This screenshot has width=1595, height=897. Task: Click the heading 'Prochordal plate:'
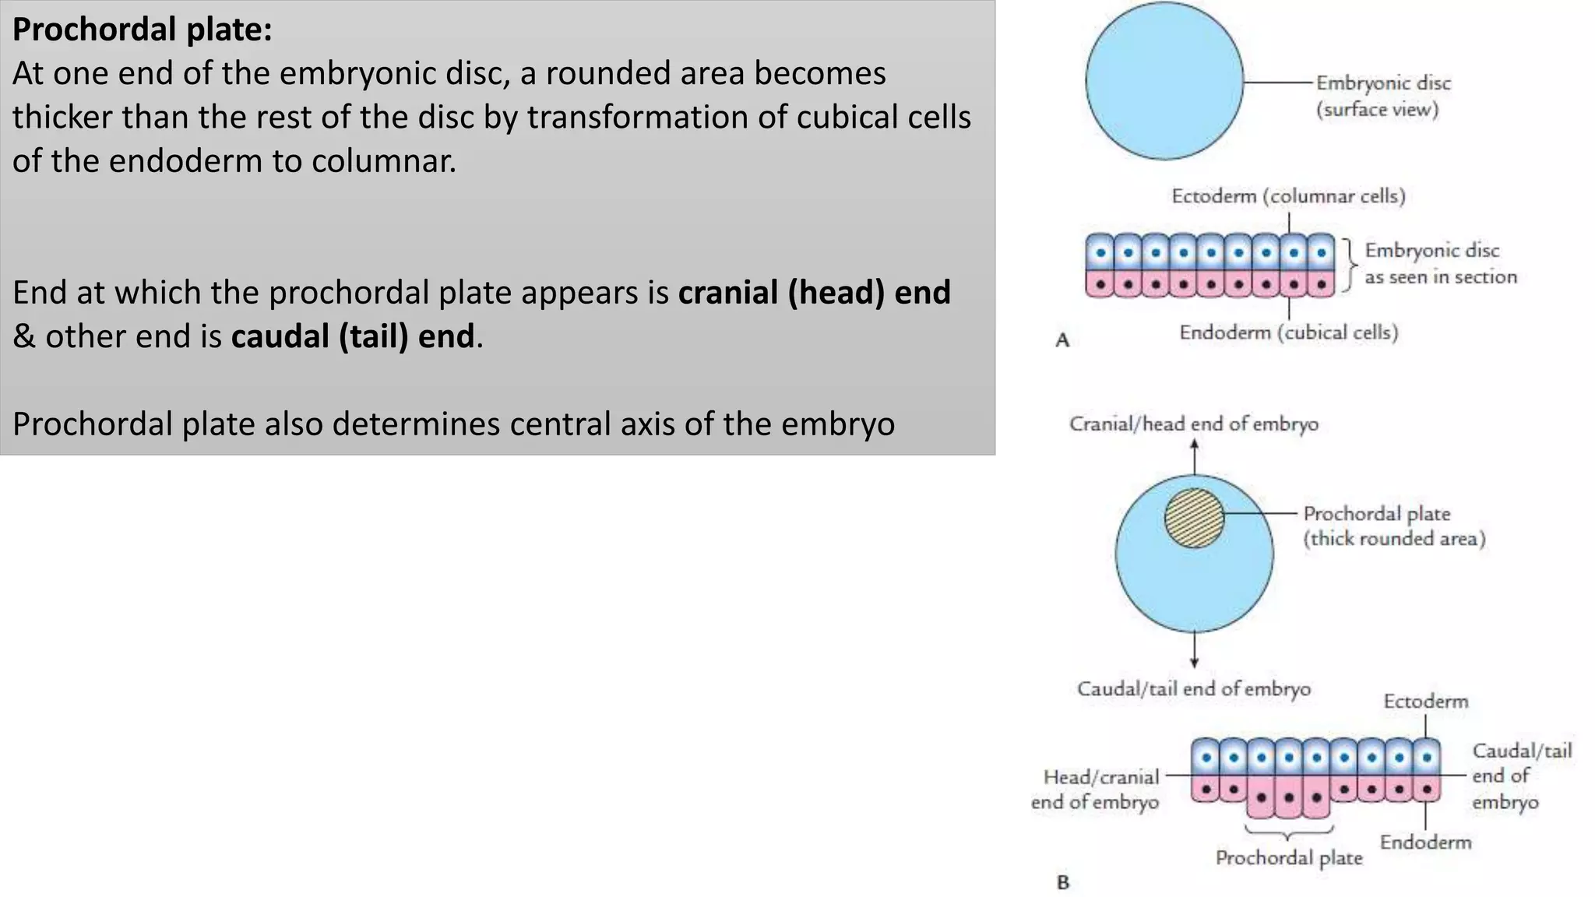point(143,30)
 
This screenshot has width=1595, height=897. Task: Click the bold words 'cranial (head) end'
point(814,294)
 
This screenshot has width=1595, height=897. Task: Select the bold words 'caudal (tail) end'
point(353,337)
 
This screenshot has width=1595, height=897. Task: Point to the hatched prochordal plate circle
point(1193,518)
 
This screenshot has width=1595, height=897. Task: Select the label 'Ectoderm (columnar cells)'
point(1288,196)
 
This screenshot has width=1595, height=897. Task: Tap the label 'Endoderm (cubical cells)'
point(1288,333)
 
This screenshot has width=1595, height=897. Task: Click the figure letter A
point(1062,340)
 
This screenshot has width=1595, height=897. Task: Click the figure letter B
point(1063,882)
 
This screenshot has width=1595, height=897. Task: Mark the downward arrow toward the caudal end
point(1194,650)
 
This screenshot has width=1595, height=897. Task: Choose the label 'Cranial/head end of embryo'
point(1193,424)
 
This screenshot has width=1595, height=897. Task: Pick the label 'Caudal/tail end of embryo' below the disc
point(1193,689)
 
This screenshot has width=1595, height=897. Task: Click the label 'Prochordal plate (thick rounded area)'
point(1393,526)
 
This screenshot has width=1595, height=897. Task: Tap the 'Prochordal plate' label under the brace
point(1288,858)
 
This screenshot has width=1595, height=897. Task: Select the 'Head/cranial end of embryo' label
point(1097,790)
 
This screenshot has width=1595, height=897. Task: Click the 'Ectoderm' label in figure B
point(1425,702)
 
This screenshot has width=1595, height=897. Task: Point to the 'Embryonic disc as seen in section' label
point(1439,264)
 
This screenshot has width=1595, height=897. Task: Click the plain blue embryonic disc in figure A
point(1164,81)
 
